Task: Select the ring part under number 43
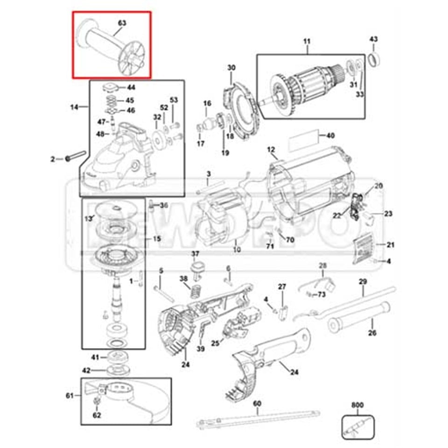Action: pyautogui.click(x=374, y=59)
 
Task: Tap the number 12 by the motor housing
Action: pyautogui.click(x=271, y=150)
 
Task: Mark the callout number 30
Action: pyautogui.click(x=231, y=68)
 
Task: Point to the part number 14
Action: pyautogui.click(x=74, y=107)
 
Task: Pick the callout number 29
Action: pyautogui.click(x=363, y=281)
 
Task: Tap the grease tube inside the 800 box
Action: pyautogui.click(x=358, y=427)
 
